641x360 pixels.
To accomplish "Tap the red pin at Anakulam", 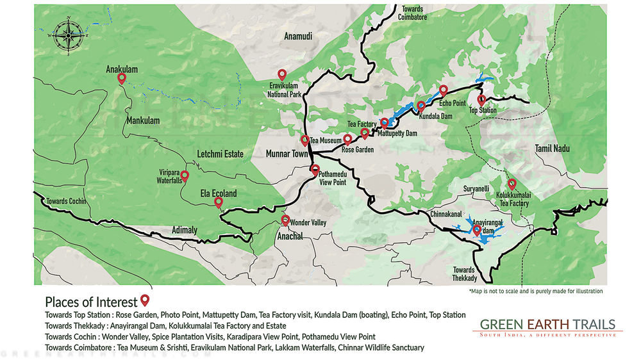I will click(122, 78).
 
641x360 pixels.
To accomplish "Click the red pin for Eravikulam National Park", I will click(281, 75).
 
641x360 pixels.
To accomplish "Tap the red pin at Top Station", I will click(481, 101).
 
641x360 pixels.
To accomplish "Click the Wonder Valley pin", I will click(285, 220).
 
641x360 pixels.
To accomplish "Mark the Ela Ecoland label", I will click(219, 193).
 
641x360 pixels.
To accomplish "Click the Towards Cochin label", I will click(65, 201).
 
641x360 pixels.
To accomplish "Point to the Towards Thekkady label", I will click(464, 274).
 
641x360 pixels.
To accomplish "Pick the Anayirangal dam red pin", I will click(477, 230).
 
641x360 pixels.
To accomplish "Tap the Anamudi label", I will click(297, 37).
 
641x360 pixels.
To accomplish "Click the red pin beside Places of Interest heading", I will click(145, 300).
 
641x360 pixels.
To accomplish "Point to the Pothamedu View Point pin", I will click(315, 170).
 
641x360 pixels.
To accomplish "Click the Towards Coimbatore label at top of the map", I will click(414, 13).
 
